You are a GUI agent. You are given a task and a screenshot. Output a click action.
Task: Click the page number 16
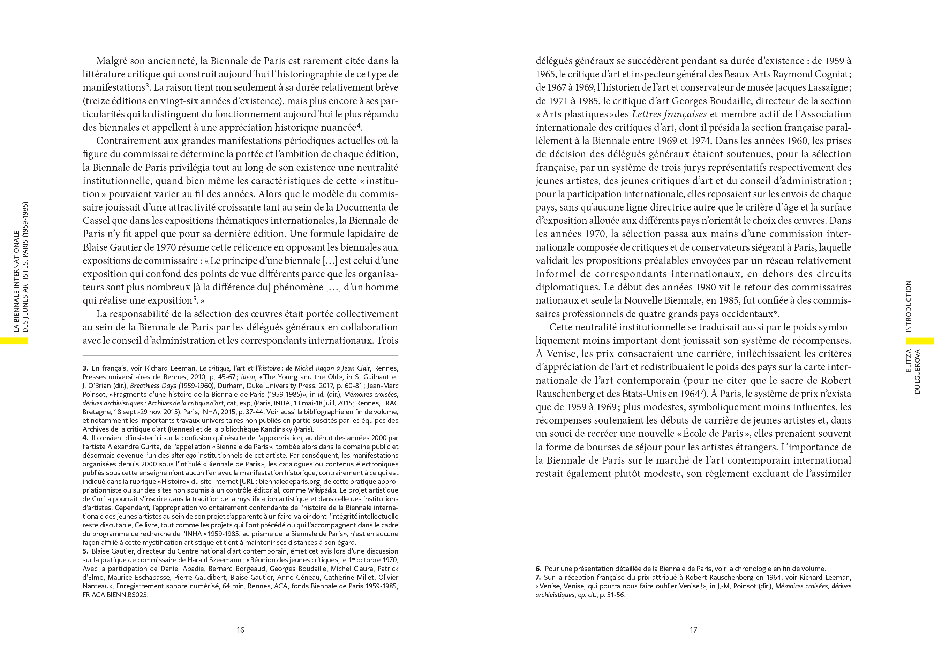tap(240, 630)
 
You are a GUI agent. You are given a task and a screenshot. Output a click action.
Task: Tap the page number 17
tap(694, 630)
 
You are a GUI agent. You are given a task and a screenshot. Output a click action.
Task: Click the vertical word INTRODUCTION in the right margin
tap(909, 306)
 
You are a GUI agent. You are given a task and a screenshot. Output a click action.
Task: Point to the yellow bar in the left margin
tap(14, 341)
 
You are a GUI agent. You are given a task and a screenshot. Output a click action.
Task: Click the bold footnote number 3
tap(85, 368)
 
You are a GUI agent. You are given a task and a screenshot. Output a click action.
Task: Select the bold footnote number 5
tap(85, 551)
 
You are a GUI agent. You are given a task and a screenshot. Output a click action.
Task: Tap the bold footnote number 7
tap(538, 577)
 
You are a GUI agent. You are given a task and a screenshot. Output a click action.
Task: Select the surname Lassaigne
tap(826, 88)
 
